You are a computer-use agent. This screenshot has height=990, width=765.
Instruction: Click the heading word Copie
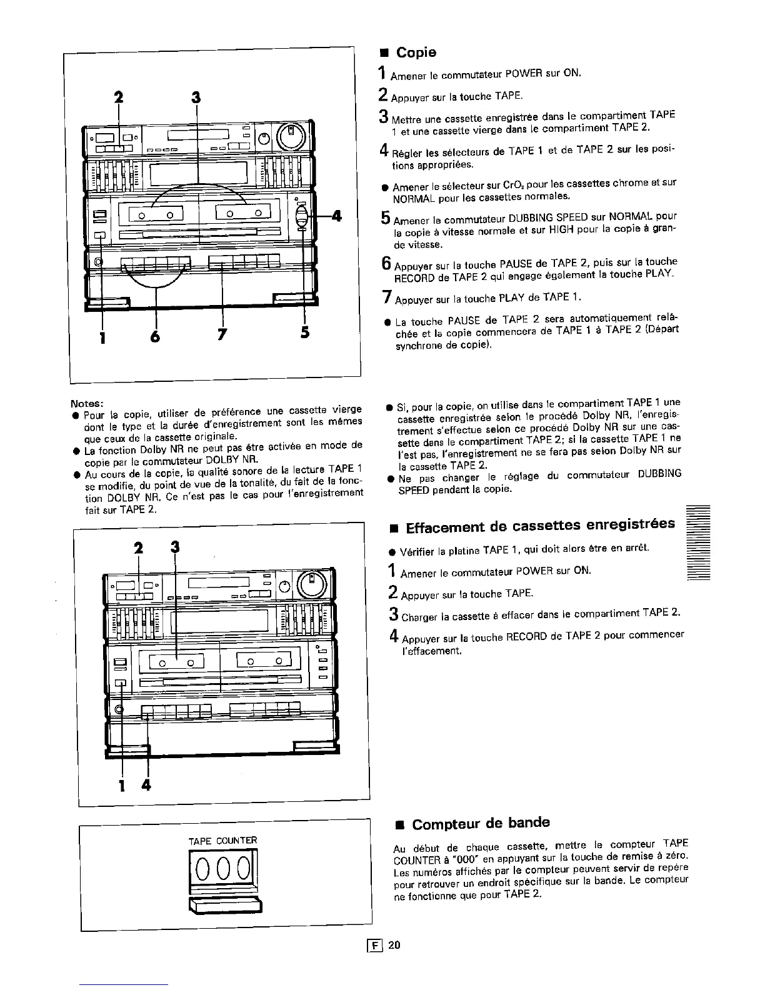416,52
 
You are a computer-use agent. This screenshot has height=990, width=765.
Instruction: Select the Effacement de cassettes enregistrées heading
540,526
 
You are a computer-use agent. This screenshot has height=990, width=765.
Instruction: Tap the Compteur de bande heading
481,823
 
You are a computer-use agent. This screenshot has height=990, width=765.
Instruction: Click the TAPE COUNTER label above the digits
222,840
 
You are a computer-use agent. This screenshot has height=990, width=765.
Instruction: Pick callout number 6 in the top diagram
156,336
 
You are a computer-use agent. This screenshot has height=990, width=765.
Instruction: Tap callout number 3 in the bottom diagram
175,547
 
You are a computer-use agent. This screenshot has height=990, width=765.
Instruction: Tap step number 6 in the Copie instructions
385,264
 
